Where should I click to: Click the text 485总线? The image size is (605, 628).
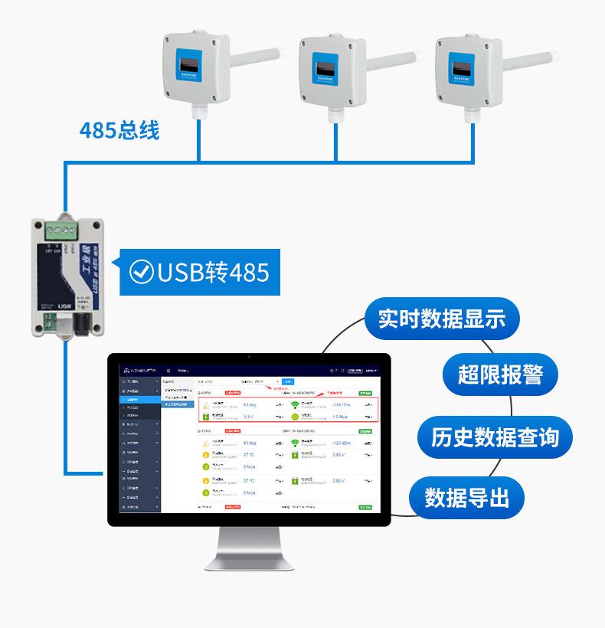pyautogui.click(x=119, y=130)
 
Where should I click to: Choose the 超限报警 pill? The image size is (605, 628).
pyautogui.click(x=501, y=375)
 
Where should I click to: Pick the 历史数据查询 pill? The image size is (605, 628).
pyautogui.click(x=495, y=437)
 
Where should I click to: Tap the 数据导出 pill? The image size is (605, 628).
pyautogui.click(x=466, y=498)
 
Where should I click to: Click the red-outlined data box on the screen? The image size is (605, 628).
pyautogui.click(x=288, y=409)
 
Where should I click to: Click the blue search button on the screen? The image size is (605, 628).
pyautogui.click(x=287, y=381)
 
